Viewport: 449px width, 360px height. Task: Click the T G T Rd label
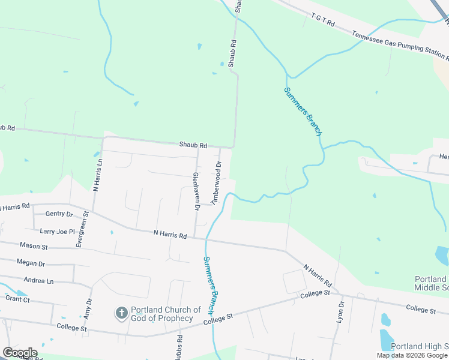[x=322, y=21]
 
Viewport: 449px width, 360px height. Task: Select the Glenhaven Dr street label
[x=196, y=191]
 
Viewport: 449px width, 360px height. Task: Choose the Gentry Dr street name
[x=59, y=214]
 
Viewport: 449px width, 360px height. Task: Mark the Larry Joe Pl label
[x=57, y=231]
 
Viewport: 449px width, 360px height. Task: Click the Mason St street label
[x=34, y=246]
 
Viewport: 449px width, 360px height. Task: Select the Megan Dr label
[x=31, y=263]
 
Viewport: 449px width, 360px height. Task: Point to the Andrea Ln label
[x=38, y=280]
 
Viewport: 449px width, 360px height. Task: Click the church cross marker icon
[x=121, y=313]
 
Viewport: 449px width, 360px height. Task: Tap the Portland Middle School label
[x=431, y=283]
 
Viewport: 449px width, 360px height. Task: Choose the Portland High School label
[x=420, y=346]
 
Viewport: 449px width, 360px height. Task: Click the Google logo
[x=20, y=353]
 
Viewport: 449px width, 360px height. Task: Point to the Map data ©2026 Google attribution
[x=412, y=355]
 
